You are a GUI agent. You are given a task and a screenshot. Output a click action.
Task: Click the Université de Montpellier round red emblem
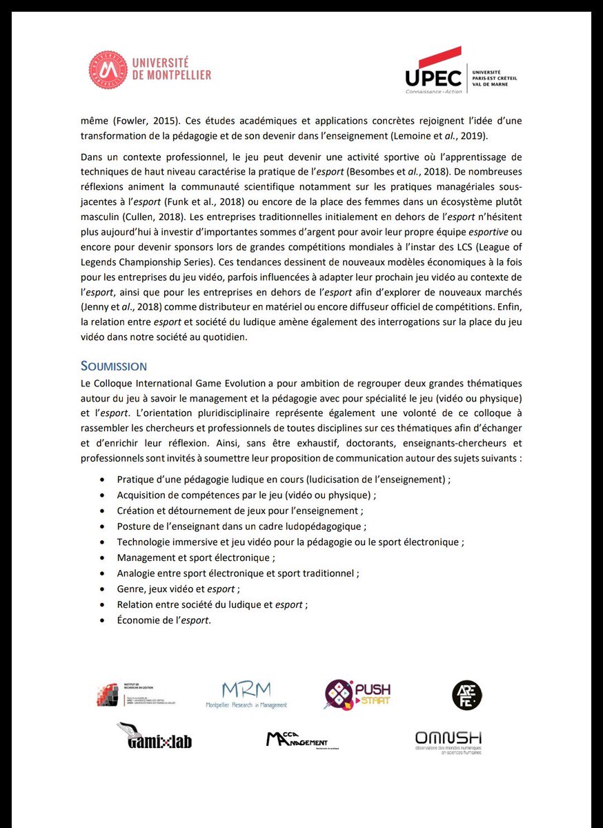coord(108,70)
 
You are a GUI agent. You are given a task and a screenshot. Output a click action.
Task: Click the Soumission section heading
coord(113,366)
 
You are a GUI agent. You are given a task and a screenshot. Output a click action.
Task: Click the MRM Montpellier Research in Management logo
coord(246,694)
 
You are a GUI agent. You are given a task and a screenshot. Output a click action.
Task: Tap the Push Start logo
coord(357,694)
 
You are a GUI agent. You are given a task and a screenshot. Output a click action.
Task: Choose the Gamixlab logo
coord(155,736)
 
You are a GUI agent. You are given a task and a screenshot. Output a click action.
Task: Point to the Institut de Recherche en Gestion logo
coord(135,693)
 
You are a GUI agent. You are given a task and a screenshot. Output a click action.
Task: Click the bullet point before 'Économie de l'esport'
coord(103,620)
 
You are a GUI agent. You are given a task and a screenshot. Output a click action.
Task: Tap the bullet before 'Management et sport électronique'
coord(103,557)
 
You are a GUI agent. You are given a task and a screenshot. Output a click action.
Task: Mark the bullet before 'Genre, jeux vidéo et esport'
coord(103,589)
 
